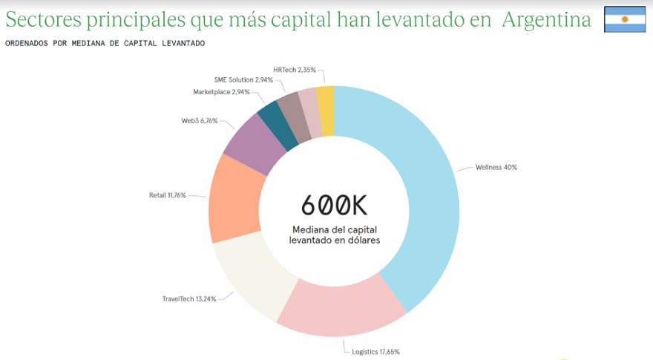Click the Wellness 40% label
[x=496, y=167]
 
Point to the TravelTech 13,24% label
[x=189, y=299]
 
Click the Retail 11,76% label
[x=167, y=196]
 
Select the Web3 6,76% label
[x=200, y=120]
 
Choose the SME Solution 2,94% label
[x=243, y=79]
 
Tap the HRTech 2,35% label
[x=294, y=70]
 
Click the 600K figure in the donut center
[x=334, y=204]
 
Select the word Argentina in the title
[x=546, y=20]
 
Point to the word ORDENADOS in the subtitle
[x=26, y=43]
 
